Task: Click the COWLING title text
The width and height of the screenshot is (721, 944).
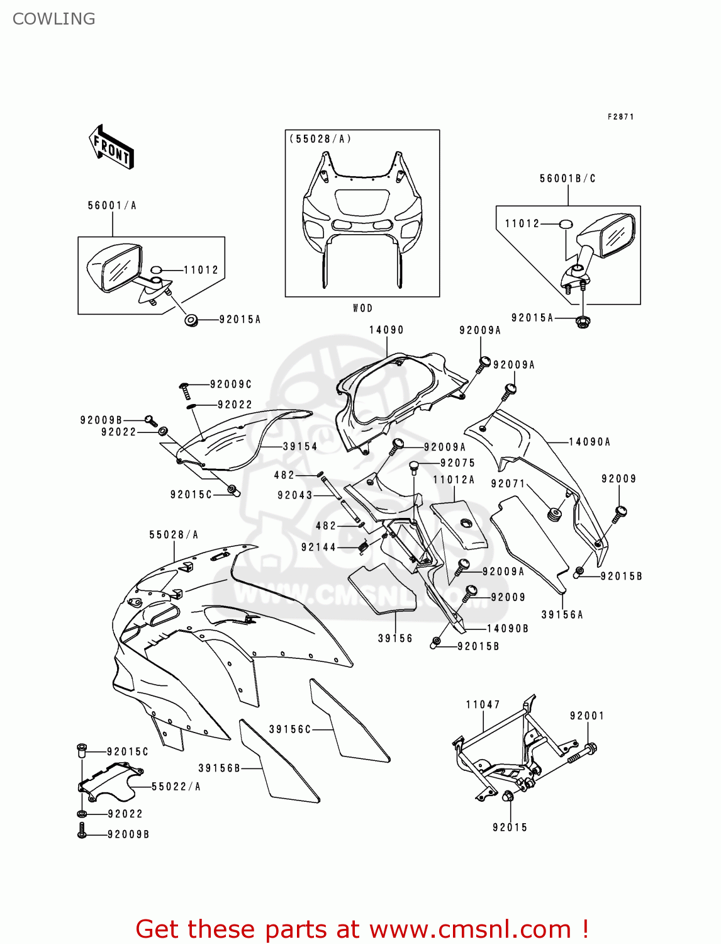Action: point(54,19)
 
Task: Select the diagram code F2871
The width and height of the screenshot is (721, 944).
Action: point(620,116)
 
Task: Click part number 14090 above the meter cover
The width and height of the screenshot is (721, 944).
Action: point(386,330)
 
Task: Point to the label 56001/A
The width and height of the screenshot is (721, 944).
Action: point(112,205)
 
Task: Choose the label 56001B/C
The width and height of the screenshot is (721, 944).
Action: point(567,178)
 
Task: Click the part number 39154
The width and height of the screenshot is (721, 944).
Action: point(300,446)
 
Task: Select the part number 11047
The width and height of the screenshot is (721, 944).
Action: point(483,704)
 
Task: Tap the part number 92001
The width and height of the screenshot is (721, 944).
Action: point(587,716)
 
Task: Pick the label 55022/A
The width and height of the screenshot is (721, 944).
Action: point(176,786)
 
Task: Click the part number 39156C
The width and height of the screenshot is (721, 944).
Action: point(290,729)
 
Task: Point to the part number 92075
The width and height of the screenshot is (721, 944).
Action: point(458,463)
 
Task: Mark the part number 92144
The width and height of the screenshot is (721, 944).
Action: point(318,547)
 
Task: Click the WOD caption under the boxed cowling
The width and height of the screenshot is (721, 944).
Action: point(362,308)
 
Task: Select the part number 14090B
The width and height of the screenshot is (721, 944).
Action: point(508,628)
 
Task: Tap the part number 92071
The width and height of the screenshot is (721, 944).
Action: point(508,483)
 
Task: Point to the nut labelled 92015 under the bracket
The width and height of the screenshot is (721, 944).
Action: point(508,797)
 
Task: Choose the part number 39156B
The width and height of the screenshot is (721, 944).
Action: point(220,768)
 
